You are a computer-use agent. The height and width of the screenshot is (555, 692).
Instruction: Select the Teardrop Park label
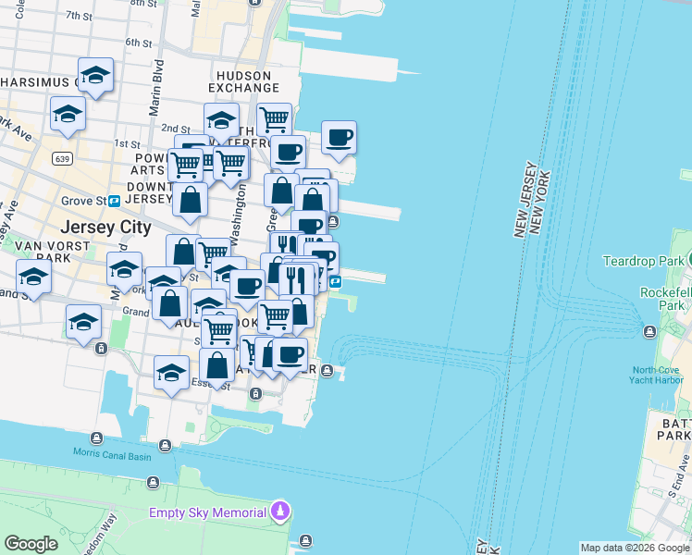[643, 262]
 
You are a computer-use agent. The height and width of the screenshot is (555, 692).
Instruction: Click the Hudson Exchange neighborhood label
[244, 81]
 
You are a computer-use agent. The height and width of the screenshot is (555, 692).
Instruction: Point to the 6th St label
[138, 43]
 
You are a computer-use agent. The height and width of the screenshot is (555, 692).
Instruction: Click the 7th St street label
[80, 17]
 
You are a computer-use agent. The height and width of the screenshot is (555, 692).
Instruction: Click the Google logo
[31, 544]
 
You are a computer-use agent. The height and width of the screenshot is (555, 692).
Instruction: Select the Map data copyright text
[634, 548]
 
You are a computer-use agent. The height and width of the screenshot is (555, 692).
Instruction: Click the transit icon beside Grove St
[114, 201]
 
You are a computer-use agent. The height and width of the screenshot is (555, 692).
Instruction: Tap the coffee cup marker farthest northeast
[339, 139]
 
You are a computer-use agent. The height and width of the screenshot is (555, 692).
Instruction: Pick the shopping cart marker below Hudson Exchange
[274, 119]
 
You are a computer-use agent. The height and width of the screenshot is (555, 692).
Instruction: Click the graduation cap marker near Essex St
[171, 373]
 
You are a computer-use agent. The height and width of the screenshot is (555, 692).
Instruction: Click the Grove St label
[80, 201]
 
